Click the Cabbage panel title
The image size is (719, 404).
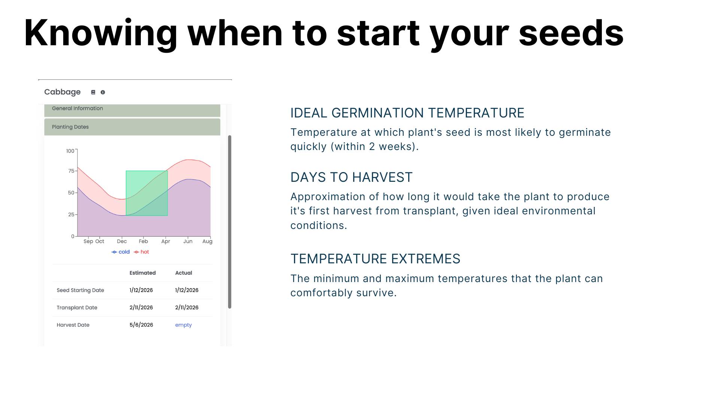click(x=62, y=92)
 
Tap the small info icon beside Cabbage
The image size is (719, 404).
click(x=103, y=92)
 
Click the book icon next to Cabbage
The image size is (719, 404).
click(x=93, y=92)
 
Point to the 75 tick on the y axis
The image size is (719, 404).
click(x=71, y=171)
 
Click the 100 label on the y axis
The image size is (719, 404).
click(x=70, y=151)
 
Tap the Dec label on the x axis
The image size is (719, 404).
click(x=122, y=241)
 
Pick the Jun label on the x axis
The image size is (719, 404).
click(x=188, y=241)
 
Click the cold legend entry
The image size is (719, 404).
click(x=121, y=252)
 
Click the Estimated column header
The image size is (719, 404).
click(x=142, y=273)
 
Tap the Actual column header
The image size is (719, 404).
click(x=183, y=273)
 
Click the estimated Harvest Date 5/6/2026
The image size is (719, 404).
click(x=141, y=325)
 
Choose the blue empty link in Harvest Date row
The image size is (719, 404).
click(x=183, y=325)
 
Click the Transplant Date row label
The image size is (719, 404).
click(x=77, y=307)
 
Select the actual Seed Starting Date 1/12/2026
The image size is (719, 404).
click(x=186, y=290)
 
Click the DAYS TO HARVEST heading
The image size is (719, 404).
click(x=351, y=177)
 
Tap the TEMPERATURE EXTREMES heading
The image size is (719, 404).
click(x=375, y=259)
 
